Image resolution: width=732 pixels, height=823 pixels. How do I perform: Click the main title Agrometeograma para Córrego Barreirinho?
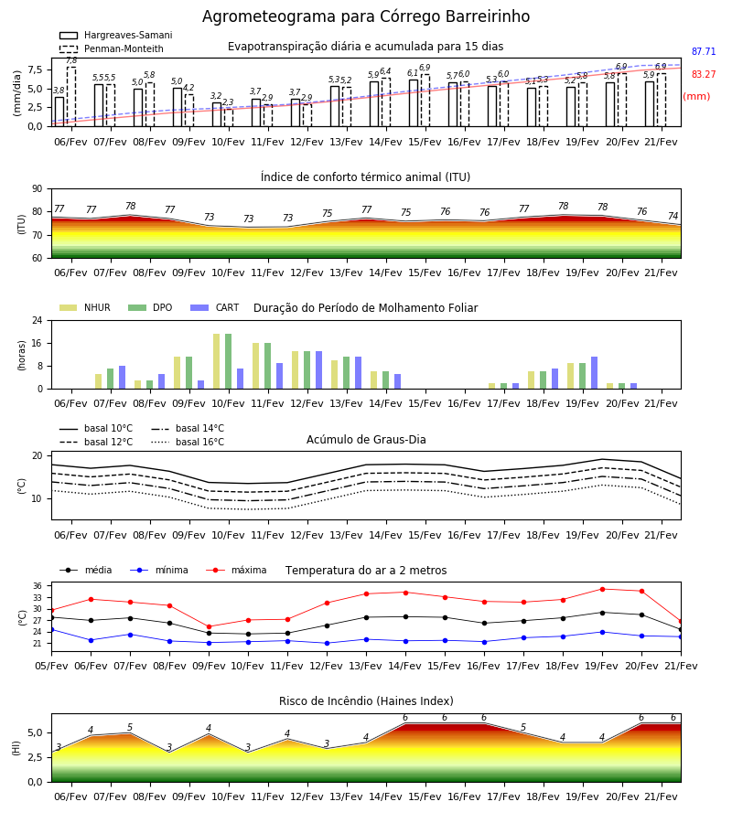(366, 16)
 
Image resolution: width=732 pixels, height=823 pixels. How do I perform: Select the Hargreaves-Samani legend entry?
(115, 35)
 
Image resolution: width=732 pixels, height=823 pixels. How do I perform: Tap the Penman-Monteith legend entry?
(112, 48)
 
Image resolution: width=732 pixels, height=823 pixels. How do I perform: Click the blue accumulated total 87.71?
(704, 51)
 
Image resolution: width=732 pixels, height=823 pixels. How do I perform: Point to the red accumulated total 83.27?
(704, 75)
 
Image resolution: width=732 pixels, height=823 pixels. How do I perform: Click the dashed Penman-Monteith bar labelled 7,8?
(71, 97)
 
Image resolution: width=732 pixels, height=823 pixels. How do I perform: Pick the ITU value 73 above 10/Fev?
(209, 217)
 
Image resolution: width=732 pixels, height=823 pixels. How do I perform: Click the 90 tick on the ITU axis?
(37, 189)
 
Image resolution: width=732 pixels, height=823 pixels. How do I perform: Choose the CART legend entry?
(215, 307)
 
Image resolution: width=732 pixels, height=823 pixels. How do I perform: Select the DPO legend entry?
(150, 307)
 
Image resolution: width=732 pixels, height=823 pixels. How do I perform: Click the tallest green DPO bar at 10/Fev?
(229, 361)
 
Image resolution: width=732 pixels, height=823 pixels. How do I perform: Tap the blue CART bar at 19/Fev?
(595, 373)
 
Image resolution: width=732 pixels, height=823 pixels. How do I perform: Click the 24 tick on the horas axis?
(37, 320)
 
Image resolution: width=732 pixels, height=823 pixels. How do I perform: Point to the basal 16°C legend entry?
(188, 442)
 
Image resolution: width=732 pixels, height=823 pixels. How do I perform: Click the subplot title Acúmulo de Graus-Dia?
(366, 440)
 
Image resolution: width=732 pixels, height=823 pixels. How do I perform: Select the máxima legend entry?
(236, 570)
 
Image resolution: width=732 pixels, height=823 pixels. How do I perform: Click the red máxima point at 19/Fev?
(602, 590)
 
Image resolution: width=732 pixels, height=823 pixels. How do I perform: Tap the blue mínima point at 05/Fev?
(51, 629)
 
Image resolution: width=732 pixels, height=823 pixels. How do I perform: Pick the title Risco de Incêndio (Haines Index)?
(366, 701)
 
